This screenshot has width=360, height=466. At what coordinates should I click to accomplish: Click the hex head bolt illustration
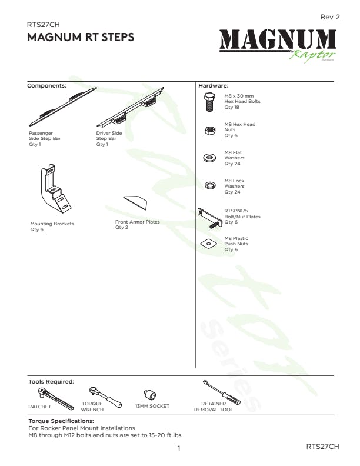coord(209,102)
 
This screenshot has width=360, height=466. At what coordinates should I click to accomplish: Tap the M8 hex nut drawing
coord(210,130)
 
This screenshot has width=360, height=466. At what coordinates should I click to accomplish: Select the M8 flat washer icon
coord(209,157)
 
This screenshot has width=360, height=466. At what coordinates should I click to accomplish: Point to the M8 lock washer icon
coord(210,185)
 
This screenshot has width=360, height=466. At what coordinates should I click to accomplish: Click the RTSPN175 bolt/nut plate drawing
coord(209,218)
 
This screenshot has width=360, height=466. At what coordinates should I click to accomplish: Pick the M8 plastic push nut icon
coord(209,244)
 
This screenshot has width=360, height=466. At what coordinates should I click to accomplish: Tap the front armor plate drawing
coord(135,202)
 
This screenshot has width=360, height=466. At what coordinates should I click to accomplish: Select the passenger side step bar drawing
coord(63,106)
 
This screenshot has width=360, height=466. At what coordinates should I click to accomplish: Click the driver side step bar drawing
coord(130,107)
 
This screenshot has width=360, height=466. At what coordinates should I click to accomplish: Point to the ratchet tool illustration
coord(55,398)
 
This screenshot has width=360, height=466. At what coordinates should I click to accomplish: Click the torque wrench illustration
coord(105,397)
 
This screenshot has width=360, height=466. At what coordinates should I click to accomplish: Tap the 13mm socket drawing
coord(150,394)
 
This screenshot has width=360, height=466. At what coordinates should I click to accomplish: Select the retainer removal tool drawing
coord(221,392)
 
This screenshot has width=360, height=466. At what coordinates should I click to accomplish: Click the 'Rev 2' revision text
coord(329,17)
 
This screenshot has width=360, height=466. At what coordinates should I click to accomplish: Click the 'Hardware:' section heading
coord(214,86)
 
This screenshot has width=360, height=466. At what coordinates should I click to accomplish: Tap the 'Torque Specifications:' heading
coord(61,421)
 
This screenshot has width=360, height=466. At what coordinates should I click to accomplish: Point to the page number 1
coord(179,448)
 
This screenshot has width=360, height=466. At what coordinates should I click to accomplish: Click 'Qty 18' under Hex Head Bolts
coord(232,107)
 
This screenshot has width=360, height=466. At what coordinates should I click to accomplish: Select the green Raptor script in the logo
coord(312,55)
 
